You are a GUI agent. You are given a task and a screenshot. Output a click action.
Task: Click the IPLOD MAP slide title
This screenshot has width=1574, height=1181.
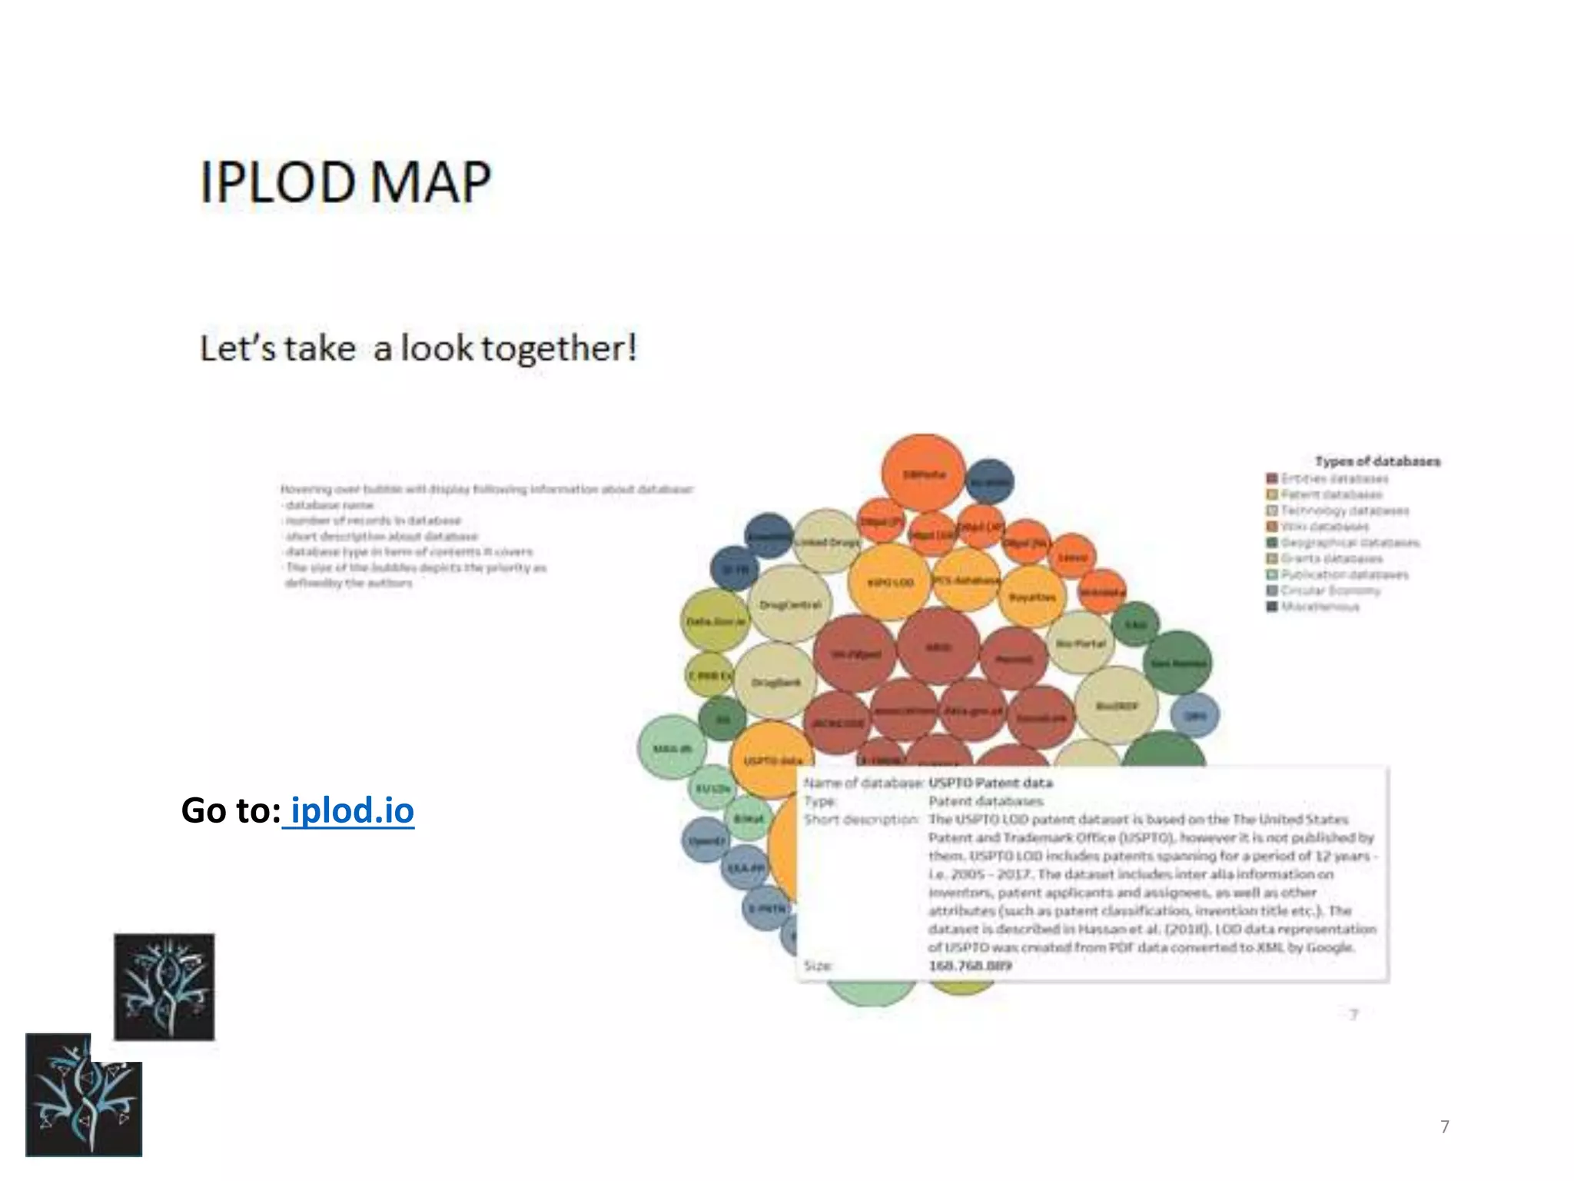[x=345, y=182]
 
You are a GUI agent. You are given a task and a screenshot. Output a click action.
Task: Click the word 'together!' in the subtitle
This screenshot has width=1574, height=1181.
[x=559, y=348]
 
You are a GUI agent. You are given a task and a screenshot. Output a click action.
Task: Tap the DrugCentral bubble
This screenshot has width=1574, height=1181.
[x=790, y=604]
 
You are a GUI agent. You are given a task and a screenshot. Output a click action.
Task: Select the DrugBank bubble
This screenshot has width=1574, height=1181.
[x=775, y=681]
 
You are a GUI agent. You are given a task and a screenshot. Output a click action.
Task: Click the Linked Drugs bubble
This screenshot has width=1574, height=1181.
[x=827, y=541]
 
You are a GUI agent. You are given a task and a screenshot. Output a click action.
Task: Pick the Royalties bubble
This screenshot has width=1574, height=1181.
[x=1032, y=597]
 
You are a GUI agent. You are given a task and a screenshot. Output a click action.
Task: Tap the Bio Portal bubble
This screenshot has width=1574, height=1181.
[x=1081, y=643]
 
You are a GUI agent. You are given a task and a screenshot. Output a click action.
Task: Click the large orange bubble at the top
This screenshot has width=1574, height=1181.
[x=923, y=474]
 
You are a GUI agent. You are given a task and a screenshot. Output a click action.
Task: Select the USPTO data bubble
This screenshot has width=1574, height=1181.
[x=772, y=760]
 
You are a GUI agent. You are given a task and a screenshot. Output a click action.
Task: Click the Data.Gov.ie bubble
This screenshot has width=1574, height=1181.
[x=716, y=620]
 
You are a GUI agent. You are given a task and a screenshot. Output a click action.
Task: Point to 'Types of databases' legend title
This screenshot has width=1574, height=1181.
[x=1377, y=461]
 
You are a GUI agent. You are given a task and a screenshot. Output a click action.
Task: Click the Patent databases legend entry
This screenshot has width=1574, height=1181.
[x=1331, y=494]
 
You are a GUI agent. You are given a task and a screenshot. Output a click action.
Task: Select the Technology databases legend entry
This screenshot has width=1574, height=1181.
[x=1344, y=511]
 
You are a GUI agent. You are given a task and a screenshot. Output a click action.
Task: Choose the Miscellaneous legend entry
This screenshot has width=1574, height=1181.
[x=1320, y=607]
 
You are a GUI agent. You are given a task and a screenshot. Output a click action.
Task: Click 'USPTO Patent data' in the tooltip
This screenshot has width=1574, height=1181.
[x=990, y=783]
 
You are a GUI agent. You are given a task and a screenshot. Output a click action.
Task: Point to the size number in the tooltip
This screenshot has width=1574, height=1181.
[x=970, y=966]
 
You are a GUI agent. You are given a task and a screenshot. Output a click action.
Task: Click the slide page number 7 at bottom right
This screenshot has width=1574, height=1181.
[x=1444, y=1126]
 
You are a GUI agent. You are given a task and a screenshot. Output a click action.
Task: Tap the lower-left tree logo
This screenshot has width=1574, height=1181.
[x=83, y=1096]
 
